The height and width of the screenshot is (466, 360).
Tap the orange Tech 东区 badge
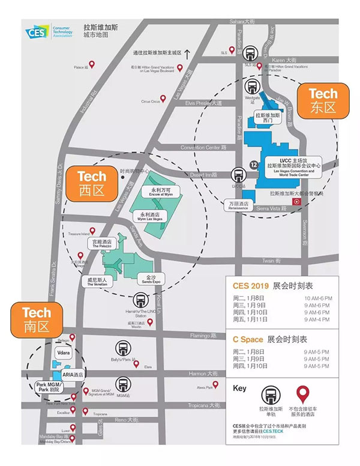point(323,100)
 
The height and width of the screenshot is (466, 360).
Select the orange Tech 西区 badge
point(92,183)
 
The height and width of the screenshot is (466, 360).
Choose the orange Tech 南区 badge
point(37,319)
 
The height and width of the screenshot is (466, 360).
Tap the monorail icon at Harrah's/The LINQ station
point(140,300)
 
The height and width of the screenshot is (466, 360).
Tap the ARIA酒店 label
point(72,374)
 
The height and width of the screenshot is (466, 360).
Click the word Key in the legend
point(239,389)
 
